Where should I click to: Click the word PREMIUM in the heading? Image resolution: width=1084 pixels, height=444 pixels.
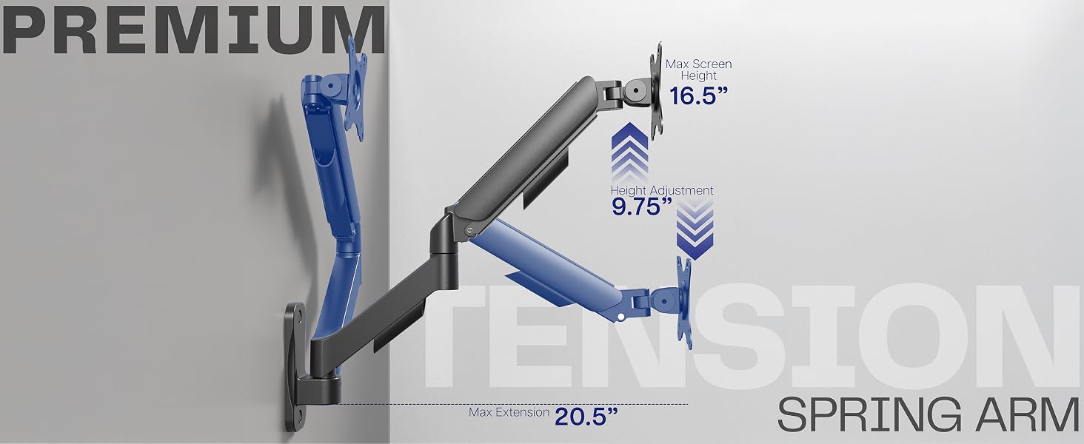[x=193, y=30]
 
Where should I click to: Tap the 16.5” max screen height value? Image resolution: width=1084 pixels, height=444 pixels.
[x=698, y=95]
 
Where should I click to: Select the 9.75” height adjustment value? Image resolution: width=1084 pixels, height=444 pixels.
[x=642, y=206]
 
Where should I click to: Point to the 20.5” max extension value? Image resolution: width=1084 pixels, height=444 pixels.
[x=586, y=417]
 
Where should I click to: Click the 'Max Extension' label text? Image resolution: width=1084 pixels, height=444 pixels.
[x=509, y=413]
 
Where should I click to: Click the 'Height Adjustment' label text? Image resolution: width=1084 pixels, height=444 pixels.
[x=662, y=190]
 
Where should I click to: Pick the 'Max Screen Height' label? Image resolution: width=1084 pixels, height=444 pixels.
[x=698, y=70]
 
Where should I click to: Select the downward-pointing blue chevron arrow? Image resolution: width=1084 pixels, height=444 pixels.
[x=695, y=228]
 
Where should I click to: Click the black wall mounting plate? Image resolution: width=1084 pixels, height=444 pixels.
[x=295, y=366]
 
